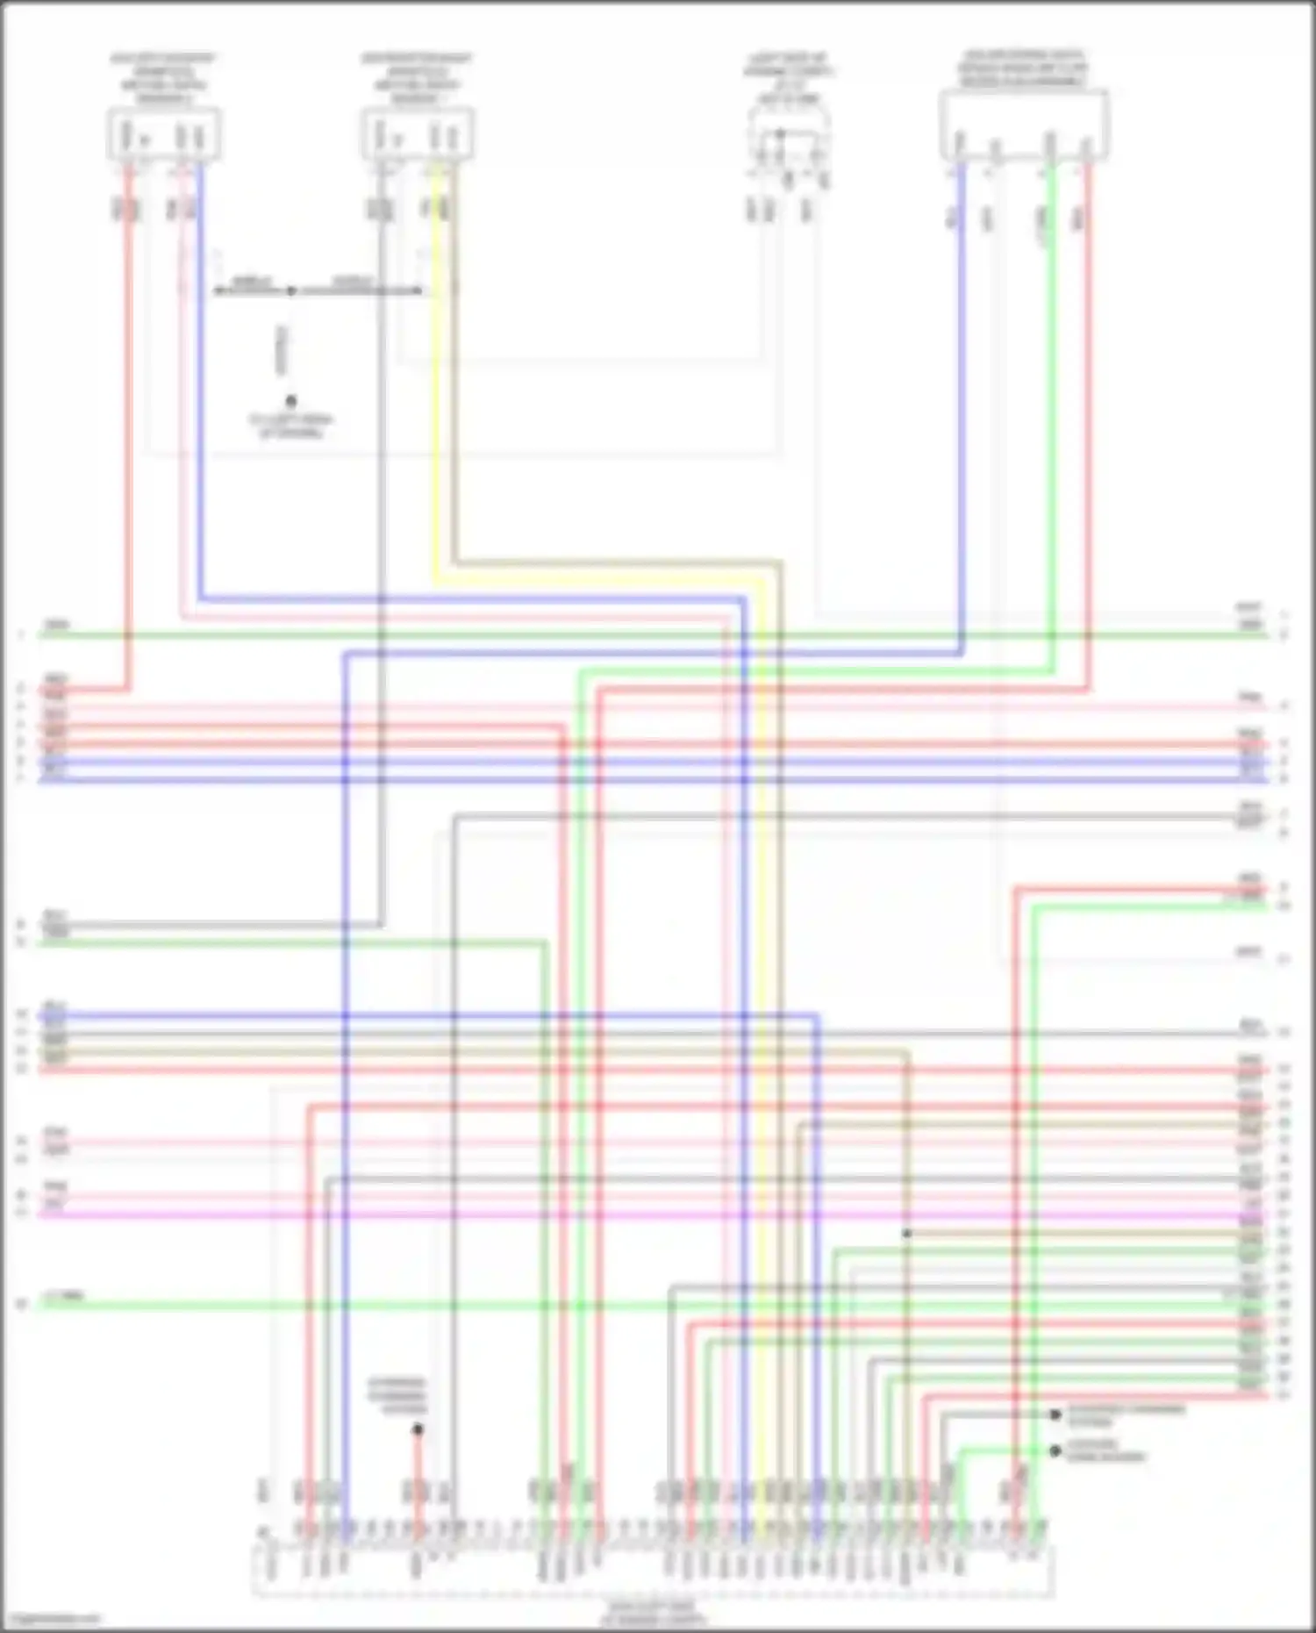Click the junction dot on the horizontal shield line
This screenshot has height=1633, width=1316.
click(x=291, y=290)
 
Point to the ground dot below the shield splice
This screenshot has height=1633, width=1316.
click(x=291, y=400)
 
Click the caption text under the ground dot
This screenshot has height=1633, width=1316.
click(x=291, y=426)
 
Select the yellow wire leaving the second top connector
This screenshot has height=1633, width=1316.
click(x=435, y=395)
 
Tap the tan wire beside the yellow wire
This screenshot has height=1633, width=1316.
click(x=454, y=395)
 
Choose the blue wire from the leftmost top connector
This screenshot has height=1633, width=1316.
click(x=200, y=395)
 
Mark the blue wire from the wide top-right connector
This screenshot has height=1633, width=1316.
click(x=962, y=395)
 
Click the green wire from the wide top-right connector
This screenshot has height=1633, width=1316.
click(x=1052, y=395)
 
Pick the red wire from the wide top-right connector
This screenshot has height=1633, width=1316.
click(x=1088, y=395)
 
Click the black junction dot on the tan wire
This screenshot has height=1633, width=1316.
click(x=906, y=1233)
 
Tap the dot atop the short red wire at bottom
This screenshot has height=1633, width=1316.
click(x=418, y=1429)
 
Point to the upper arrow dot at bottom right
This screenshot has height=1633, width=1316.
click(x=1055, y=1415)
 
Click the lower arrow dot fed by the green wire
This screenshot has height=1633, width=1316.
click(x=1055, y=1450)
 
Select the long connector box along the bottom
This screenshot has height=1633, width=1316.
click(x=653, y=1572)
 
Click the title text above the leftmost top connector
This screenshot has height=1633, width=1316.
click(x=163, y=78)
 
